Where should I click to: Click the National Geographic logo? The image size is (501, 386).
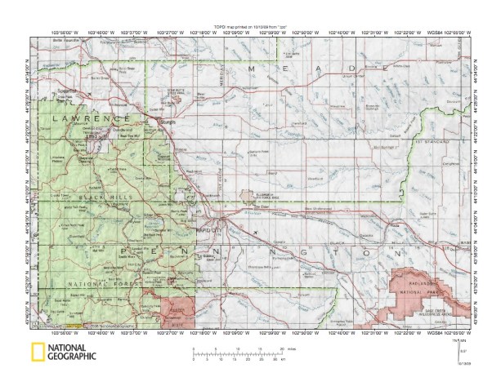[x=63, y=352]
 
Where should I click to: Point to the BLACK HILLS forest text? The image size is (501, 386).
[x=106, y=197]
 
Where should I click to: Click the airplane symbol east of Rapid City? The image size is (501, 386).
[x=255, y=232]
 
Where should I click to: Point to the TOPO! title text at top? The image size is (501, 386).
[x=249, y=26]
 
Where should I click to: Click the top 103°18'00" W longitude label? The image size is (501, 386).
[x=199, y=33]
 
